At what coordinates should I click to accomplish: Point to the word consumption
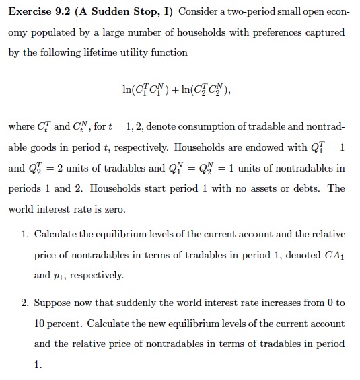coord(190,126)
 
